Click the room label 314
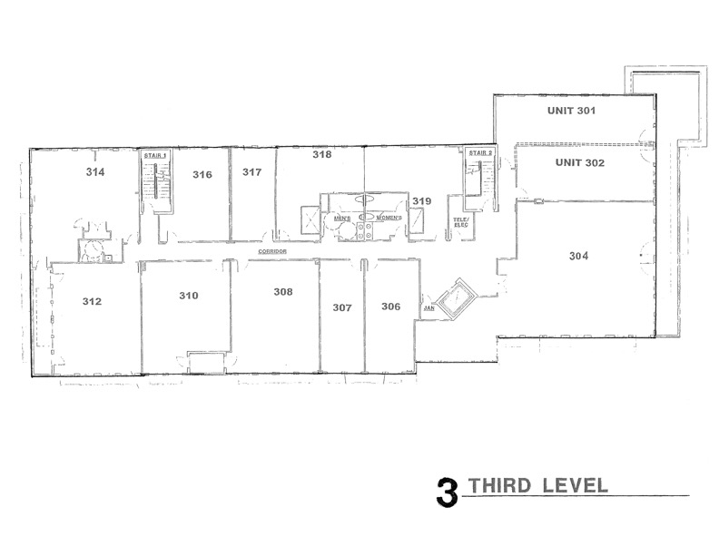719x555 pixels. pos(95,172)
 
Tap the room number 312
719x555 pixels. pos(93,301)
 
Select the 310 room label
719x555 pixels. pos(189,296)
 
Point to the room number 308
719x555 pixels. pos(283,292)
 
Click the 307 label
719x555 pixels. pos(342,307)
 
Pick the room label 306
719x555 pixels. pos(391,307)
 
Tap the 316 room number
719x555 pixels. pos(202,174)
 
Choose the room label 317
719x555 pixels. pos(252,172)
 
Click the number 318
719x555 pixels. pos(322,154)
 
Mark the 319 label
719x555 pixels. pos(422,201)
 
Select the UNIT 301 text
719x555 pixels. pos(571,111)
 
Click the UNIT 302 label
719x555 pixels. pos(580,162)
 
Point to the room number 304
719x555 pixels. pos(578,256)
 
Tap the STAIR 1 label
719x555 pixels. pos(155,156)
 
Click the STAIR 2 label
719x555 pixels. pos(480,153)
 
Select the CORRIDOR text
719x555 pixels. pos(272,251)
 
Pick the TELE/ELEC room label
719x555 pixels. pos(461,222)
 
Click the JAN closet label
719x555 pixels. pos(429,308)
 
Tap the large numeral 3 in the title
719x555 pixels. pos(447,492)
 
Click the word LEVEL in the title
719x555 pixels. pos(575,485)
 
